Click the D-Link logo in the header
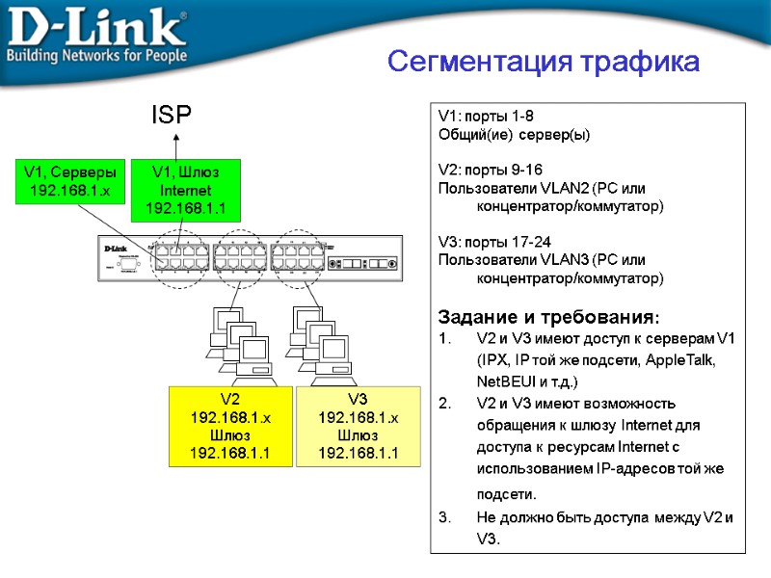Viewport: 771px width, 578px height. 96,29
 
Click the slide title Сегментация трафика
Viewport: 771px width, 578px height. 544,62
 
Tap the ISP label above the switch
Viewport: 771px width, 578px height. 172,116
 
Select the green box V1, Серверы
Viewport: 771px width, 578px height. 69,180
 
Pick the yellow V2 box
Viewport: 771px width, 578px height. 230,426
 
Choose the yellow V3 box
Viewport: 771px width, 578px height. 358,426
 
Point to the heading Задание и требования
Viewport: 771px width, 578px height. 549,317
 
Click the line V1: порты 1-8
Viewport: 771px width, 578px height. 486,117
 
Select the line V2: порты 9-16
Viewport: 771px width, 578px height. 490,170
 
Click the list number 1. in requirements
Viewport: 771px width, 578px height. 444,339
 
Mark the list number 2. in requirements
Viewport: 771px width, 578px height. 444,403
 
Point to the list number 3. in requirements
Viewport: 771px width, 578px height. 444,517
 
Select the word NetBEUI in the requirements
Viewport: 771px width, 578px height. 506,381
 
